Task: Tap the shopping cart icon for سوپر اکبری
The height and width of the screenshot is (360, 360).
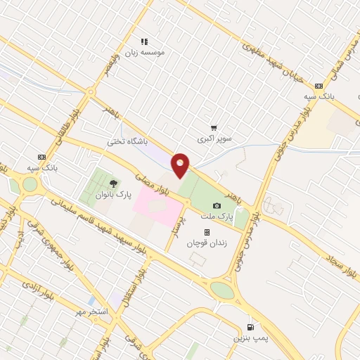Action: (213, 128)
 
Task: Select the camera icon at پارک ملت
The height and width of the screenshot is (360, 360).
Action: (217, 204)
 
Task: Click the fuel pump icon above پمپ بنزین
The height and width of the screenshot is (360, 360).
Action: (251, 327)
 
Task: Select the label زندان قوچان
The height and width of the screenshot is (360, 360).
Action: (205, 243)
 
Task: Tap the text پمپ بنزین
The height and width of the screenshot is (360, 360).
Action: (251, 338)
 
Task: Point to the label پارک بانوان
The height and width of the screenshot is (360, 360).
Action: (114, 195)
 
